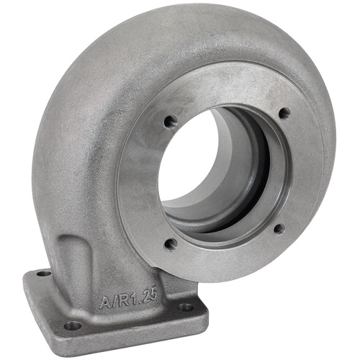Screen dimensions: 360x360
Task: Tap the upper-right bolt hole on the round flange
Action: (284, 113)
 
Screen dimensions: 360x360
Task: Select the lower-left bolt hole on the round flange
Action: (171, 244)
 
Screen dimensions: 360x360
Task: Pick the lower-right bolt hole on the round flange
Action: (279, 229)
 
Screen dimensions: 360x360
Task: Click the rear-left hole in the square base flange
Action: (44, 274)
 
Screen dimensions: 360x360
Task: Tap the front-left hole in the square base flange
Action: (72, 325)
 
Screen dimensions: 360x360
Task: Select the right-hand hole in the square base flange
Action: (186, 307)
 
